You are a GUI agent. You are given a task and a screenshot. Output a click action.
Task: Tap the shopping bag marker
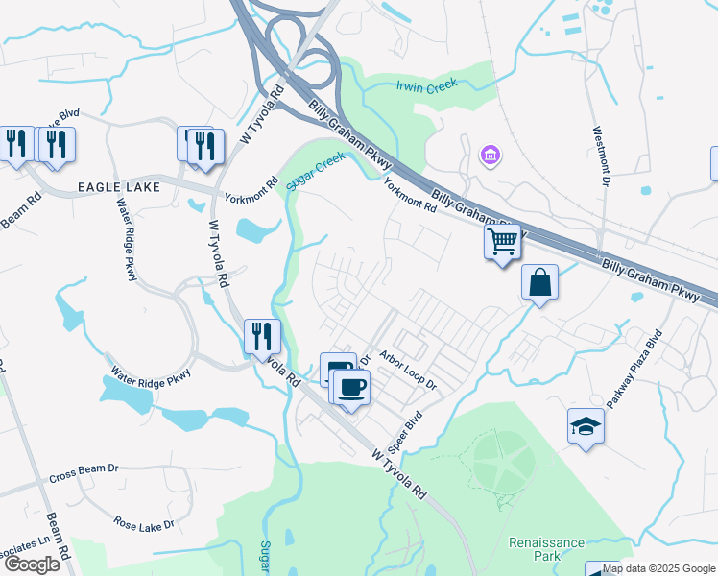pyautogui.click(x=539, y=283)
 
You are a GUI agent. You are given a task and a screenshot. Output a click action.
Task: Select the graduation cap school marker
pyautogui.click(x=586, y=425)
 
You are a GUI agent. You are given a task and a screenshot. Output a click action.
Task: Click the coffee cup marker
pyautogui.click(x=351, y=387)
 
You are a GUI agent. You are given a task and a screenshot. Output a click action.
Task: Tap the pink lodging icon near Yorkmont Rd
pyautogui.click(x=490, y=154)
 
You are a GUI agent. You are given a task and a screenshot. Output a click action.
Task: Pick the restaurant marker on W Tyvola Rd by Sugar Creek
pyautogui.click(x=262, y=336)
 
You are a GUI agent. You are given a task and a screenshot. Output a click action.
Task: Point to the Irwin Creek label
pyautogui.click(x=427, y=84)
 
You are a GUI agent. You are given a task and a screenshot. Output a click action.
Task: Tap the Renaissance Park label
pyautogui.click(x=546, y=549)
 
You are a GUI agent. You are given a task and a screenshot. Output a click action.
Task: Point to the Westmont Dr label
pyautogui.click(x=601, y=156)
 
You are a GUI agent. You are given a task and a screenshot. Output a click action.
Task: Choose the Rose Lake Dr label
pyautogui.click(x=144, y=524)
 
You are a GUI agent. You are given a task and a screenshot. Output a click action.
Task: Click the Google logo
pyautogui.click(x=32, y=564)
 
